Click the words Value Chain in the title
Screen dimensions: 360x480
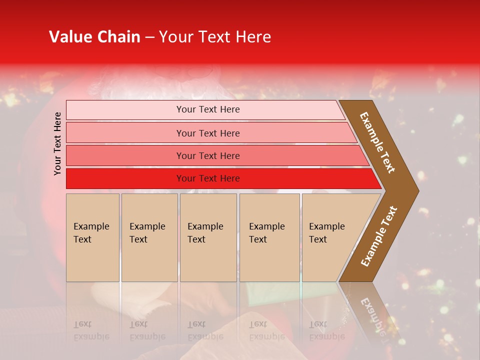[x=94, y=37]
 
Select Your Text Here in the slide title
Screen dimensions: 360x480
[x=215, y=37]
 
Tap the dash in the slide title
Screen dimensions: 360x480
[x=149, y=37]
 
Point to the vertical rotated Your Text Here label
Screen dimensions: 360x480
[x=57, y=143]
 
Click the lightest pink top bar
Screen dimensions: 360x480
[x=125, y=110]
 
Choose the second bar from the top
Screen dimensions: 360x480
[x=125, y=133]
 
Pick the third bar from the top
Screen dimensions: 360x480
[x=125, y=155]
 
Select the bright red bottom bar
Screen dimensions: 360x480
[x=125, y=178]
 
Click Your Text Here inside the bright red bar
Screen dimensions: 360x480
[x=208, y=178]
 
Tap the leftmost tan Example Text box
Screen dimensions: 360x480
[x=92, y=237]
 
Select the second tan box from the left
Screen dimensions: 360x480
[x=149, y=237]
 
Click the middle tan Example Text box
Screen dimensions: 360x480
[x=208, y=237]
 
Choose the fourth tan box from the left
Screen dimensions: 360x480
[x=269, y=237]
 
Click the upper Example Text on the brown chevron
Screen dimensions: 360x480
[x=378, y=142]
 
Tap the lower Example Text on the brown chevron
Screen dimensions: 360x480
[x=379, y=236]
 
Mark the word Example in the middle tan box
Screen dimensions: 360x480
[x=205, y=226]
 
